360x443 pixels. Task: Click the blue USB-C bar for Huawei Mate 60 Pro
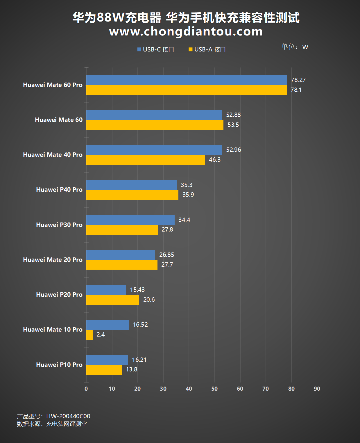click(x=187, y=80)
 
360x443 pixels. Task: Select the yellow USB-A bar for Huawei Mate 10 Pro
click(x=89, y=335)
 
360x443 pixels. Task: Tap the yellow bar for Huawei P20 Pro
click(x=113, y=300)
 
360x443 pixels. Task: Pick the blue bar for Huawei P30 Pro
click(x=130, y=220)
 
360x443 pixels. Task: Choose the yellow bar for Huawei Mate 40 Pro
click(x=146, y=160)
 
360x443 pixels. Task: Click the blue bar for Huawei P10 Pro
click(x=107, y=360)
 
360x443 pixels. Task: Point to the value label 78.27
click(x=298, y=80)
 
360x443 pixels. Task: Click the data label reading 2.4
click(x=101, y=335)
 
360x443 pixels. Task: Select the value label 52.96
click(x=234, y=150)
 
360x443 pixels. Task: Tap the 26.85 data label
click(x=166, y=255)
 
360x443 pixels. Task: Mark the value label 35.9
click(x=188, y=195)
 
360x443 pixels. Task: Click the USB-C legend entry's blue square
click(x=139, y=49)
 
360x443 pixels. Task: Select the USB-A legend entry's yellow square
click(x=191, y=49)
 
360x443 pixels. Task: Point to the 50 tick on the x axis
click(x=214, y=389)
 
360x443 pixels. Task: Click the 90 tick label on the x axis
click(x=317, y=389)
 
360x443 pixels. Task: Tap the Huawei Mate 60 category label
click(x=59, y=120)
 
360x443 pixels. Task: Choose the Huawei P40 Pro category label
click(x=59, y=190)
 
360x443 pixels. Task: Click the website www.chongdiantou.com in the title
click(x=186, y=31)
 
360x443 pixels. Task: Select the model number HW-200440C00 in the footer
click(x=68, y=416)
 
